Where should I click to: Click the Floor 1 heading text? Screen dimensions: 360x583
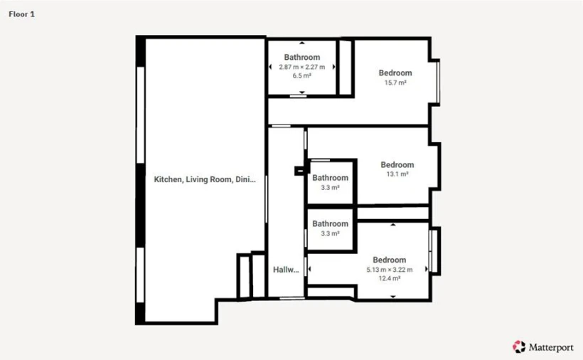[x=21, y=14]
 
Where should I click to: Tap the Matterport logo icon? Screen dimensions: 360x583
[x=518, y=346]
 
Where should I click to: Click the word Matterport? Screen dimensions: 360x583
[x=550, y=347]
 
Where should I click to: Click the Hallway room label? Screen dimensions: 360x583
[x=286, y=270]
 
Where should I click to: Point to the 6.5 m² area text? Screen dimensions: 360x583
[x=301, y=75]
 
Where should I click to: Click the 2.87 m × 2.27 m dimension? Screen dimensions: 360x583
[x=301, y=67]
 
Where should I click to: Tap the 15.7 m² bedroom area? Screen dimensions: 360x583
[x=395, y=83]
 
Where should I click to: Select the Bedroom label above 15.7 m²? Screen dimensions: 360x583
[x=395, y=73]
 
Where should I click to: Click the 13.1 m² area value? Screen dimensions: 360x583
[x=397, y=174]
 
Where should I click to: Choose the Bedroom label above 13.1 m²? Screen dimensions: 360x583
[x=397, y=165]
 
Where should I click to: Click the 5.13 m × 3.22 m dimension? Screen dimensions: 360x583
[x=389, y=270]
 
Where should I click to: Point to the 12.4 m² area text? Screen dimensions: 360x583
[x=389, y=279]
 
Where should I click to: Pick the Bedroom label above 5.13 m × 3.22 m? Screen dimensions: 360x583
[x=389, y=260]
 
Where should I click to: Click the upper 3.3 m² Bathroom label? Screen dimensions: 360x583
[x=330, y=178]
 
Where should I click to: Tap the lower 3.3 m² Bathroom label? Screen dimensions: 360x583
[x=330, y=224]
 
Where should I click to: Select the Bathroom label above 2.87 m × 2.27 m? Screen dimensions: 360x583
[x=301, y=57]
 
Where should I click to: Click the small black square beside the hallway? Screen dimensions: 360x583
[x=299, y=170]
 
